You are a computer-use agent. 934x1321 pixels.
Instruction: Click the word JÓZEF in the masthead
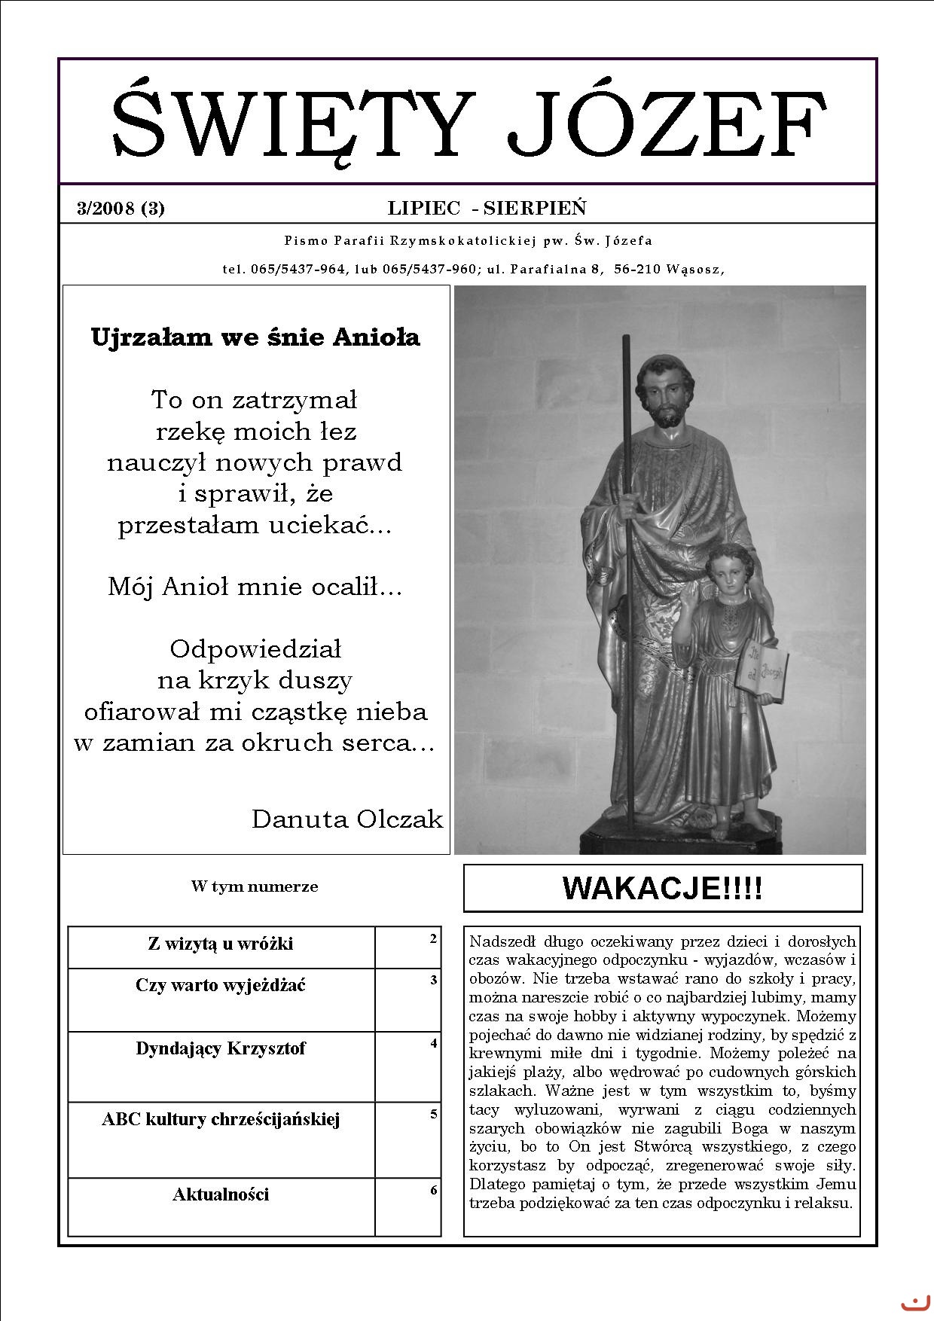[666, 123]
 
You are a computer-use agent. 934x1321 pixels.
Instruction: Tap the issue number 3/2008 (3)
[121, 209]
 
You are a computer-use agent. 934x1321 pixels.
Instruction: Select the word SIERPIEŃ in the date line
[535, 209]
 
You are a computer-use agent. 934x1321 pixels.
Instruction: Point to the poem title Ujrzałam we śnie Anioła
[255, 337]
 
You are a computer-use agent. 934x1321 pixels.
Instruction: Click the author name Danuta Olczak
[347, 819]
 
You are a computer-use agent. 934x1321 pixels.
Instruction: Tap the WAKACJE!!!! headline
[662, 889]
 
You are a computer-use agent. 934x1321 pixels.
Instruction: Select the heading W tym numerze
[255, 886]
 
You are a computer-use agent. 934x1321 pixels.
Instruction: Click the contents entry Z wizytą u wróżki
[221, 944]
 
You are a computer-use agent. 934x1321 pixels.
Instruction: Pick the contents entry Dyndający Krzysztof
[221, 1048]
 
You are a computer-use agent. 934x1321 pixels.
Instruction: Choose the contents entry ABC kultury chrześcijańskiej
[221, 1119]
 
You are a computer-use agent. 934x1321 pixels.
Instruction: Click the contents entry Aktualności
[221, 1194]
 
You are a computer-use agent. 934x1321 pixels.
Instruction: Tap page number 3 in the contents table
[433, 981]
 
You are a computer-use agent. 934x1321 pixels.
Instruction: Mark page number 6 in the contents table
[433, 1191]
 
